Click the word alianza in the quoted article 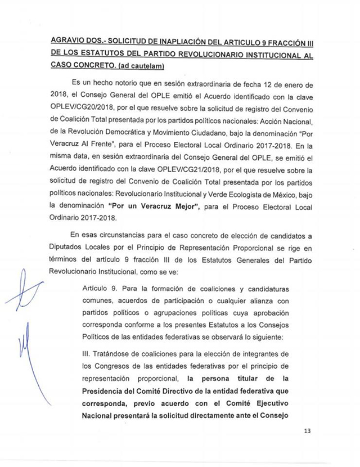coord(250,300)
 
